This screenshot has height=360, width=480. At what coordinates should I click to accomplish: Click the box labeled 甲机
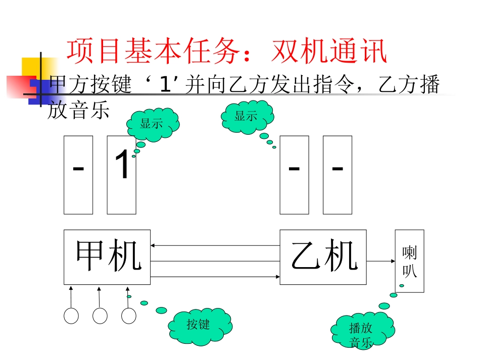click(x=107, y=256)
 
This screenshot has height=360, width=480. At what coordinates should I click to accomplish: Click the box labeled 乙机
click(x=323, y=256)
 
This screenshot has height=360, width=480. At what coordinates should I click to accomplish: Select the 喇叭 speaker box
click(x=409, y=261)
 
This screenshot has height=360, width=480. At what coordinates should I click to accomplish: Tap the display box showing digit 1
click(x=122, y=175)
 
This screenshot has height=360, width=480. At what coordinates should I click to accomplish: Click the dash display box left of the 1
click(x=78, y=175)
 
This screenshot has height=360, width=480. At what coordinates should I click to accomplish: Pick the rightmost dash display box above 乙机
click(x=338, y=175)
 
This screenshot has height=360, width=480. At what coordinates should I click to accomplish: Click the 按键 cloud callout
click(x=200, y=325)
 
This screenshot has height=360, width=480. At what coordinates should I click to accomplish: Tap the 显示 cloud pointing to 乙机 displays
click(x=247, y=117)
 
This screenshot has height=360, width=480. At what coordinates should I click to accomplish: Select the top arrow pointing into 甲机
click(x=215, y=246)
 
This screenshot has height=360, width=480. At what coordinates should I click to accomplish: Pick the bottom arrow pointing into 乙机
click(x=215, y=277)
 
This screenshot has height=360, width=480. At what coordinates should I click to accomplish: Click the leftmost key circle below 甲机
click(x=71, y=316)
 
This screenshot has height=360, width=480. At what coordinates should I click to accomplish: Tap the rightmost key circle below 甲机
click(x=129, y=316)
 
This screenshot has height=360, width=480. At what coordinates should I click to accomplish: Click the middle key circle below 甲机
click(x=100, y=316)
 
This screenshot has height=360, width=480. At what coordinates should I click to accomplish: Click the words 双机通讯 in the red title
click(x=329, y=52)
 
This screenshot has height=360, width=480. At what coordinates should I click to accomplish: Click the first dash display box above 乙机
click(x=295, y=175)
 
